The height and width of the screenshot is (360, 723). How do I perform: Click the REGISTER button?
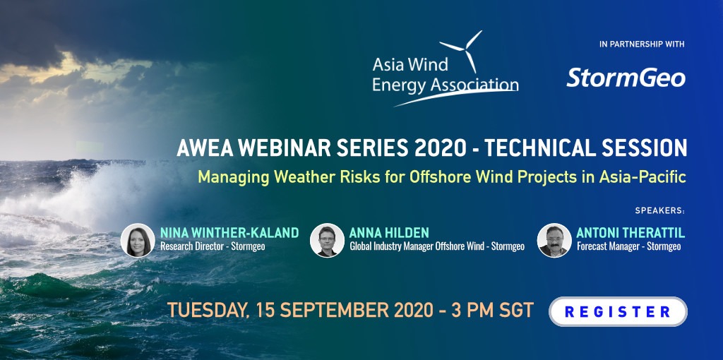pyautogui.click(x=617, y=311)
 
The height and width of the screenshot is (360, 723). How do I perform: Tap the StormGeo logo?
pyautogui.click(x=626, y=78)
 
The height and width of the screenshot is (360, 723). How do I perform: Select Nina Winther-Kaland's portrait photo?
pyautogui.click(x=138, y=240)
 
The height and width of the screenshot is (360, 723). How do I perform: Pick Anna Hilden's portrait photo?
pyautogui.click(x=327, y=240)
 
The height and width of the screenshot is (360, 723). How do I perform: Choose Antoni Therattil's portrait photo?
pyautogui.click(x=554, y=240)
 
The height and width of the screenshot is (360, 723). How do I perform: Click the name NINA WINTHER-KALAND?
pyautogui.click(x=229, y=233)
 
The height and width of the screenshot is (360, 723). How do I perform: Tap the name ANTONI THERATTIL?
pyautogui.click(x=631, y=233)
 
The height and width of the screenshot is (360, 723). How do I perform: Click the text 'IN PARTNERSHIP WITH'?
pyautogui.click(x=642, y=44)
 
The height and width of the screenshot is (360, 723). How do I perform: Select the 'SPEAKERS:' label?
pyautogui.click(x=660, y=210)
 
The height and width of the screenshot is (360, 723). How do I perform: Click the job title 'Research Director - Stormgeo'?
pyautogui.click(x=213, y=246)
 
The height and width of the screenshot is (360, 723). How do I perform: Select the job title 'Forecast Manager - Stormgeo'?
pyautogui.click(x=628, y=246)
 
